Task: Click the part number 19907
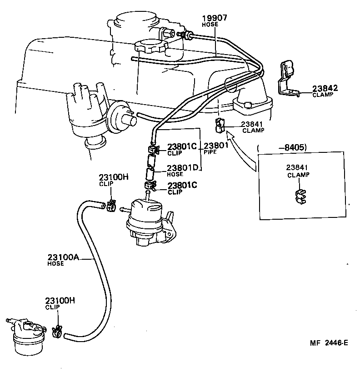pyautogui.click(x=215, y=18)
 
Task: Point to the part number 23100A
pyautogui.click(x=63, y=257)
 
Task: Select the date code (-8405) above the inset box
pyautogui.click(x=281, y=147)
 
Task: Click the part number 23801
pyautogui.click(x=216, y=146)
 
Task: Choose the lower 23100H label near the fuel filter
pyautogui.click(x=60, y=301)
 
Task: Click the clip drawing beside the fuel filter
pyautogui.click(x=57, y=332)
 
